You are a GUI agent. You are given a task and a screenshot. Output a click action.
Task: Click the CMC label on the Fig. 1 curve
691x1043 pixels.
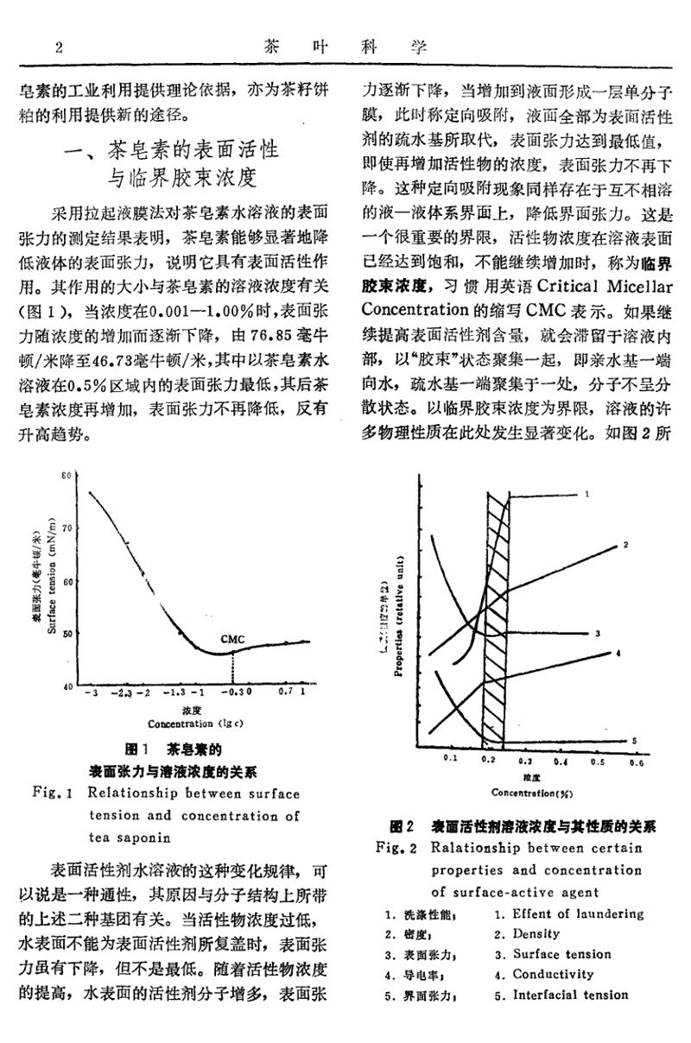232,639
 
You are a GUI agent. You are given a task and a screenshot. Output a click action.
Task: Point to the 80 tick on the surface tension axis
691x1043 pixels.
66,476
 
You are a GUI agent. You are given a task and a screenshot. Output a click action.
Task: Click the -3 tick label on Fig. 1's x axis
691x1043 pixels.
90,692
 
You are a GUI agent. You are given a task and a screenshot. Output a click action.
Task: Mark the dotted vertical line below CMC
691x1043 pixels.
232,668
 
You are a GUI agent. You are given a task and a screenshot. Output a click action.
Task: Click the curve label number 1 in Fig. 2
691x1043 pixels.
585,494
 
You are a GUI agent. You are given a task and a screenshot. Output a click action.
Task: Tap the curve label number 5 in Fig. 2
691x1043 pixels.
633,740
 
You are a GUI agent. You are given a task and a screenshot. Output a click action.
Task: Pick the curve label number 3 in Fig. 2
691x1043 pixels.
597,634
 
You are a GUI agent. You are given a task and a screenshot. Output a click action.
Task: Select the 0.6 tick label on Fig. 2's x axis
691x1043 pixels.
637,762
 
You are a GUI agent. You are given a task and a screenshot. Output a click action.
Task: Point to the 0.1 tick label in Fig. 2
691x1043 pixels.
449,758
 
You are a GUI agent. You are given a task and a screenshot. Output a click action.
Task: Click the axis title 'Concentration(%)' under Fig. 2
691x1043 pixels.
532,791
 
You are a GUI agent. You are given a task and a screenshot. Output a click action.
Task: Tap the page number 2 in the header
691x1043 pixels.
59,47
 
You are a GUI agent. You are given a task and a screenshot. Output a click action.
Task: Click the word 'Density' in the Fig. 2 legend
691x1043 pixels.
536,933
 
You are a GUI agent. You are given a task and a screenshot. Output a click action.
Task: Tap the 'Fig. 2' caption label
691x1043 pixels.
397,848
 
